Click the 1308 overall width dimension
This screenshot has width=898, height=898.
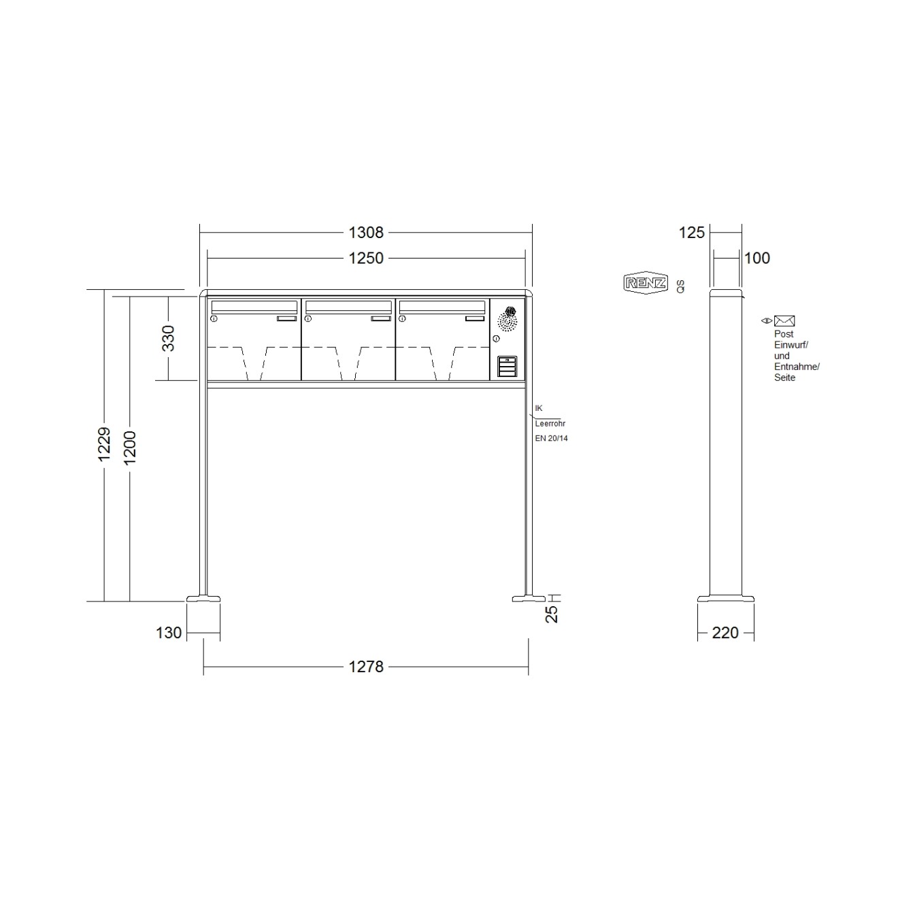pyautogui.click(x=366, y=233)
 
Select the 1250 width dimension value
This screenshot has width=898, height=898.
pyautogui.click(x=366, y=259)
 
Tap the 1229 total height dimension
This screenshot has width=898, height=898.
pyautogui.click(x=104, y=444)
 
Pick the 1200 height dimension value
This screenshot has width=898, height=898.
pyautogui.click(x=130, y=448)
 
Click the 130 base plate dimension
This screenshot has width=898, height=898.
pyautogui.click(x=169, y=633)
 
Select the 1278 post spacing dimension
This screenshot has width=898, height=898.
pyautogui.click(x=366, y=667)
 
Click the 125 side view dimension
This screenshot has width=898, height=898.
pyautogui.click(x=692, y=233)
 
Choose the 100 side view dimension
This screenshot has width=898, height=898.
pyautogui.click(x=757, y=259)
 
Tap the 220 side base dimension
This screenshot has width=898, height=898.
pyautogui.click(x=725, y=633)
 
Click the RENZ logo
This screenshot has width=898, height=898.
pyautogui.click(x=646, y=283)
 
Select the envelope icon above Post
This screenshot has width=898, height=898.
pyautogui.click(x=784, y=321)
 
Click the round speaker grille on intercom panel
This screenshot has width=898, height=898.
pyautogui.click(x=508, y=320)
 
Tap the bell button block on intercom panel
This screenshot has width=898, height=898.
pyautogui.click(x=508, y=367)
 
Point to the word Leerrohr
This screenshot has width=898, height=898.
pyautogui.click(x=550, y=424)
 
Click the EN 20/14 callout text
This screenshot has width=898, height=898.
pyautogui.click(x=551, y=439)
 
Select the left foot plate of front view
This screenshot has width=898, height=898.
pyautogui.click(x=203, y=599)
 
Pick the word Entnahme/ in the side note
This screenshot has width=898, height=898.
pyautogui.click(x=797, y=367)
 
